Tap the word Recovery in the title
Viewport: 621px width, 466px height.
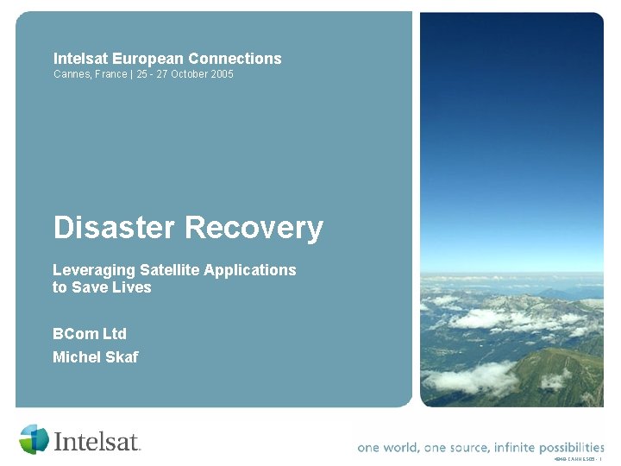[254, 228]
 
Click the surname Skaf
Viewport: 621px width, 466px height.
[121, 357]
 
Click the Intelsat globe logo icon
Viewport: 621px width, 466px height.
[34, 439]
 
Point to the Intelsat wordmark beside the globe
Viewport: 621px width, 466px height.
[97, 442]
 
